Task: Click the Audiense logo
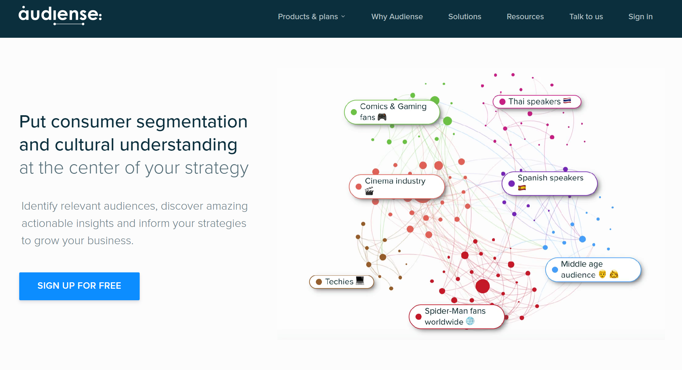pyautogui.click(x=60, y=15)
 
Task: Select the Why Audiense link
pyautogui.click(x=397, y=17)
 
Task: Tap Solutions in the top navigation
pyautogui.click(x=464, y=17)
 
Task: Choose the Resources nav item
pyautogui.click(x=525, y=17)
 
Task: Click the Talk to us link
pyautogui.click(x=586, y=17)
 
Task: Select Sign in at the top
pyautogui.click(x=640, y=17)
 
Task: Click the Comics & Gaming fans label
pyautogui.click(x=392, y=112)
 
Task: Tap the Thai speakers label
pyautogui.click(x=537, y=102)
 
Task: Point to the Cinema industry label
pyautogui.click(x=397, y=187)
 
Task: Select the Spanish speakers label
pyautogui.click(x=549, y=183)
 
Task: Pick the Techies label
pyautogui.click(x=341, y=282)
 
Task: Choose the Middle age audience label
pyautogui.click(x=593, y=269)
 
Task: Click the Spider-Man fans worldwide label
pyautogui.click(x=456, y=317)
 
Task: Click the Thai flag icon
pyautogui.click(x=567, y=101)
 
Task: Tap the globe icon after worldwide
pyautogui.click(x=470, y=321)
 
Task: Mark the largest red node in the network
pyautogui.click(x=482, y=286)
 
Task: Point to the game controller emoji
pyautogui.click(x=382, y=117)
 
